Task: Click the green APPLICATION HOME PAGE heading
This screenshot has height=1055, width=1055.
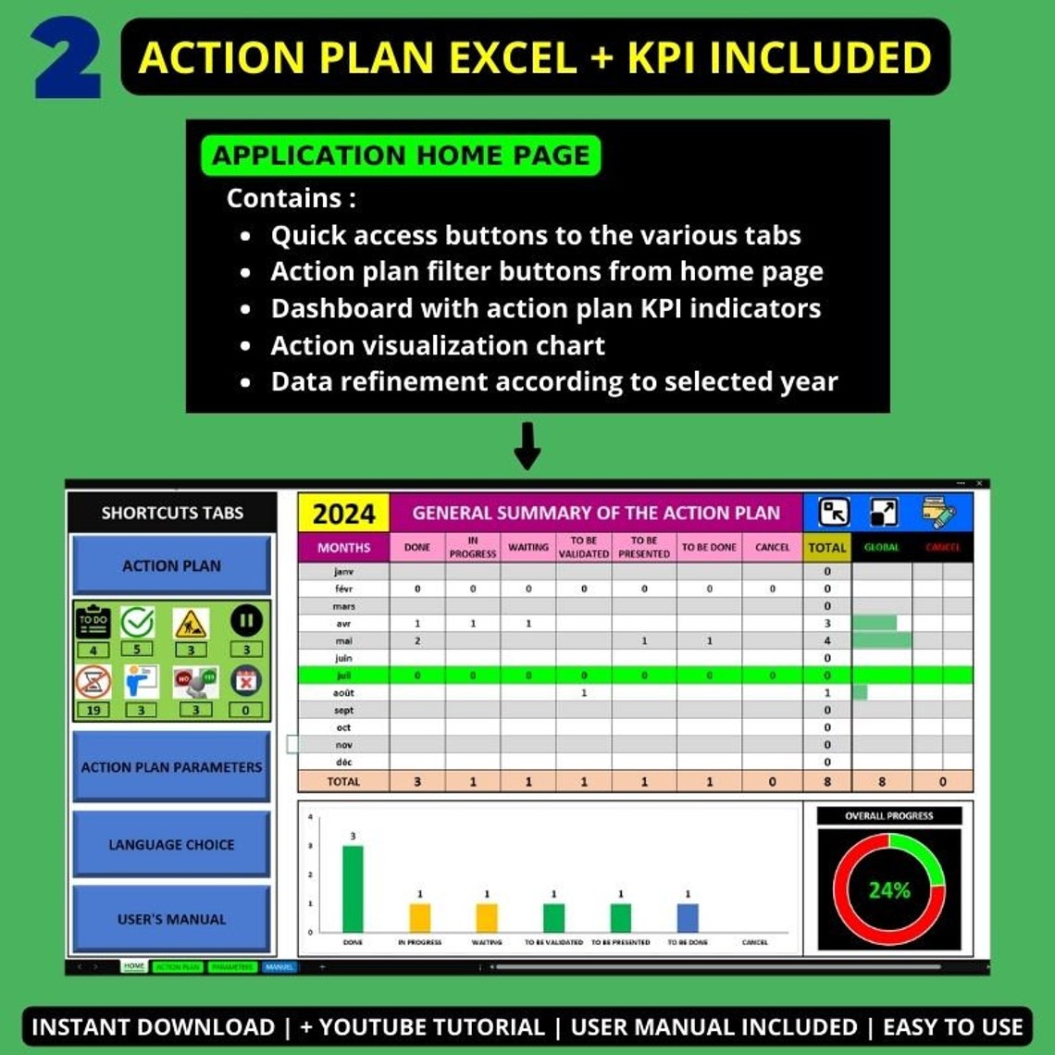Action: click(x=400, y=155)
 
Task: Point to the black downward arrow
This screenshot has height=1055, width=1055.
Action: click(x=527, y=445)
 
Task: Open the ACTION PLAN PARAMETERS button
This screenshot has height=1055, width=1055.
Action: click(x=171, y=766)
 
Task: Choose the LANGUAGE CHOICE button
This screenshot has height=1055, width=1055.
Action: click(x=171, y=844)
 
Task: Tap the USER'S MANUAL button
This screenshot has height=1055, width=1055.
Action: click(x=171, y=919)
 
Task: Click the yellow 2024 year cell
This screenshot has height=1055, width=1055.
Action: click(x=343, y=514)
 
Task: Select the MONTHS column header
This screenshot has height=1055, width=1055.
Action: click(x=343, y=547)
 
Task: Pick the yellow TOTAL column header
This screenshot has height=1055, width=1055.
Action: click(x=826, y=547)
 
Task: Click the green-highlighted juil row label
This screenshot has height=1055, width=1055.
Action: click(x=343, y=676)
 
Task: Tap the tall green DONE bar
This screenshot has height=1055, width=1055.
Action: click(x=353, y=888)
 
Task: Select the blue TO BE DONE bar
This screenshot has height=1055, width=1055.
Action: click(x=688, y=917)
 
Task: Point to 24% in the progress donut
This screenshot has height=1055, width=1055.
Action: click(x=888, y=890)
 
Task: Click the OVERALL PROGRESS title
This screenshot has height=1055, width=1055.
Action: click(x=888, y=816)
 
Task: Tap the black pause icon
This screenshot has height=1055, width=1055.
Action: click(x=246, y=623)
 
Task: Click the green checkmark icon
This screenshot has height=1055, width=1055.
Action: click(x=138, y=623)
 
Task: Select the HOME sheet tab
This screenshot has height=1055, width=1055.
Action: click(x=134, y=966)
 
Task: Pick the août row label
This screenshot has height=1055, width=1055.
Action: click(x=343, y=692)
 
